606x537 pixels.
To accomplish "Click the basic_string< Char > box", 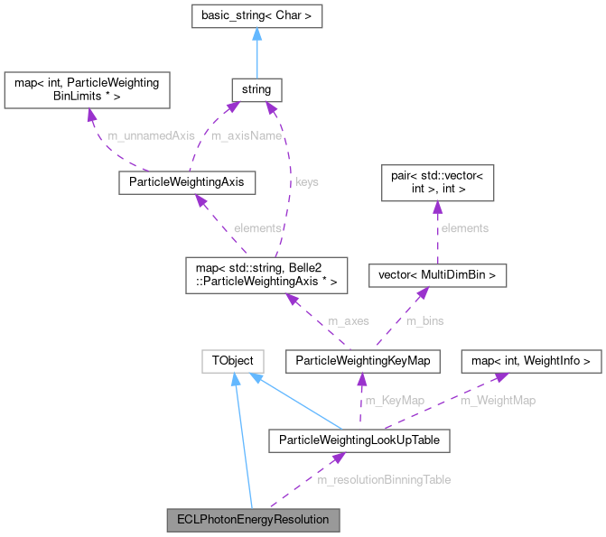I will (x=256, y=16).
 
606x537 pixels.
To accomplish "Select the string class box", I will (x=256, y=89).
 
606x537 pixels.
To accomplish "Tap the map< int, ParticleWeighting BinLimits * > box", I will (x=88, y=89).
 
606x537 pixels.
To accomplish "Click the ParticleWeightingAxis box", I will (x=186, y=183).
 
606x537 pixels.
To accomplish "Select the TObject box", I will (x=233, y=362).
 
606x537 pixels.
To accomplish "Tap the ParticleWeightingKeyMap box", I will (x=361, y=362).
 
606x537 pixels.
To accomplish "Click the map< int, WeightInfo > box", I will (x=531, y=362).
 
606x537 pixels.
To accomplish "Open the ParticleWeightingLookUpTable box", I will (x=359, y=440).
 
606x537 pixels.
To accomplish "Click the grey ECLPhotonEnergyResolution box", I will (x=253, y=520).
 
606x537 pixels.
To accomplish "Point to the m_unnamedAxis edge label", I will (x=151, y=135).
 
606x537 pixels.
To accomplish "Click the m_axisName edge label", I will (x=246, y=135).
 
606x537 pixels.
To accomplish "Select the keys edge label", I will (x=307, y=181).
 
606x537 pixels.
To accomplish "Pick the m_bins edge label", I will (x=424, y=320).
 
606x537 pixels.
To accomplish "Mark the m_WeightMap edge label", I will (x=498, y=401).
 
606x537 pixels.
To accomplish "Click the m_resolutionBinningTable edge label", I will (x=384, y=479).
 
